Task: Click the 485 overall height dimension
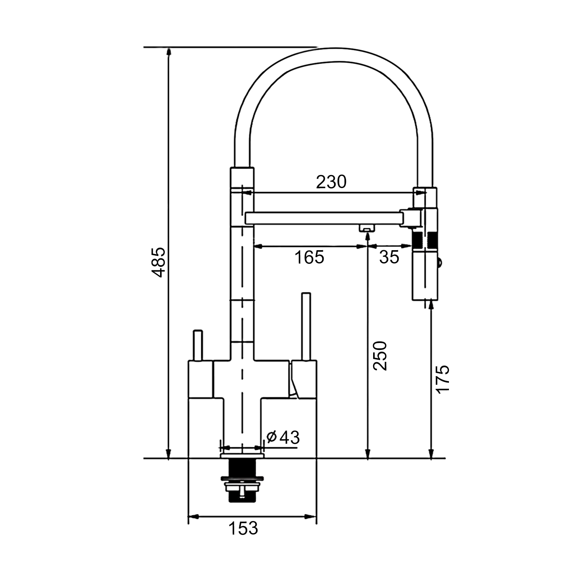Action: (158, 262)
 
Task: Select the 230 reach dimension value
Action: (331, 182)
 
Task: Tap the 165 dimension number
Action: (309, 257)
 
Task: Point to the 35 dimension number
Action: (389, 257)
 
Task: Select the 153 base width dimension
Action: (243, 528)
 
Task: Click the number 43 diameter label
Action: (290, 437)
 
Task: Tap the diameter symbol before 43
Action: (272, 437)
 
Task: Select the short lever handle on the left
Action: (198, 345)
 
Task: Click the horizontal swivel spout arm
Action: (325, 218)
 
